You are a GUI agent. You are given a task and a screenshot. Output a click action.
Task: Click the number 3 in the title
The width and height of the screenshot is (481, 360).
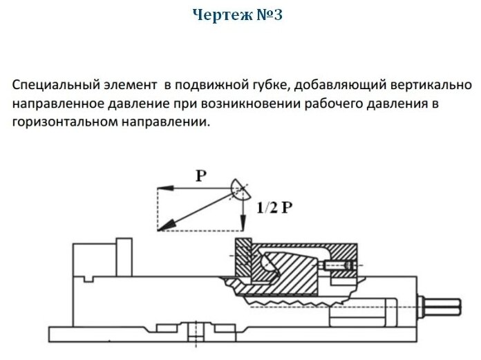(276, 15)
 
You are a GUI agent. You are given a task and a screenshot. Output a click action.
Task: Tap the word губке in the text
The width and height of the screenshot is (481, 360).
(287, 86)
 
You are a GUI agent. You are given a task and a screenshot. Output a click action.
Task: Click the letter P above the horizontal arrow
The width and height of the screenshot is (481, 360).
(201, 176)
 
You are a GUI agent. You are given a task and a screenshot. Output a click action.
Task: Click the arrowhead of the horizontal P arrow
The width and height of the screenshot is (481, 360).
(161, 188)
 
